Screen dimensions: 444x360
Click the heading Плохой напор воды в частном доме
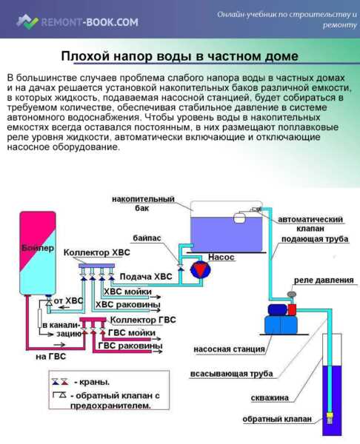coord(179,57)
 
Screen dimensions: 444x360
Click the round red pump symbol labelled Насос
coord(199,269)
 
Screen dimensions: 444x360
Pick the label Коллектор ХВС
coord(96,252)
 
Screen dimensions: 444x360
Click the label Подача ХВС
coord(145,276)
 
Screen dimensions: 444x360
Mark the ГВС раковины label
coord(130,346)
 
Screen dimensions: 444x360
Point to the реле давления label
coord(318,280)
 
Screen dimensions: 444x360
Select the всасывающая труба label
coord(231,373)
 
